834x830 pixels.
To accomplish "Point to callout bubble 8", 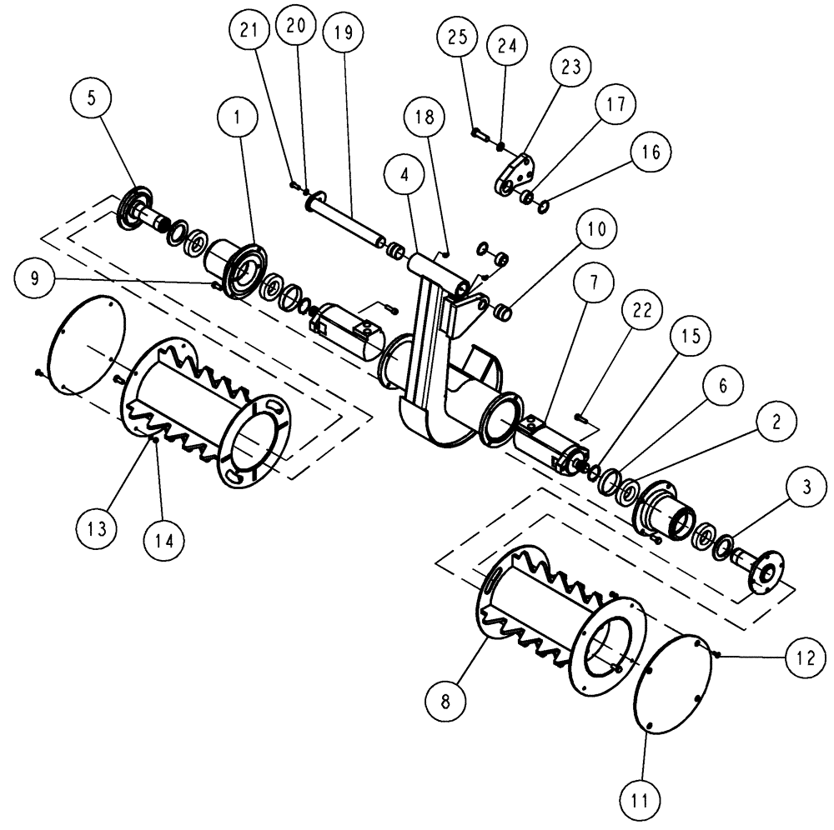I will [x=446, y=701].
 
